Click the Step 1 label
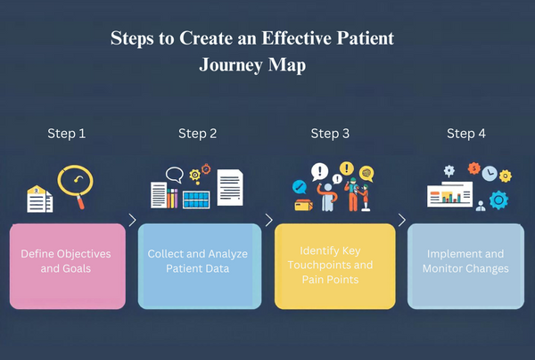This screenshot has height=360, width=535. pos(66,134)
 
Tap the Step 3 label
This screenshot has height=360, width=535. pos(330,134)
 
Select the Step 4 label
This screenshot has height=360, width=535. pos(466,134)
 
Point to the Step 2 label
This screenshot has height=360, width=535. pos(197,134)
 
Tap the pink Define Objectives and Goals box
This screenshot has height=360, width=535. pos(67,266)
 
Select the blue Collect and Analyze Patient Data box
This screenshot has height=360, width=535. pos(199,266)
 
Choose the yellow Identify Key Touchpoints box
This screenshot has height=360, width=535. pos(334,266)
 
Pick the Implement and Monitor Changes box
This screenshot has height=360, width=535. pos(466,266)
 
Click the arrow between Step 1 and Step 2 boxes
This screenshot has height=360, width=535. pos(132,219)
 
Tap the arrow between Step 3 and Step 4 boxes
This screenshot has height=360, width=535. pos(401,219)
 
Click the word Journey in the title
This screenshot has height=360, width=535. pos(233,66)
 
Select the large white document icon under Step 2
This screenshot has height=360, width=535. pos(230,187)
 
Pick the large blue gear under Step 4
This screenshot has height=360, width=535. pos(498,200)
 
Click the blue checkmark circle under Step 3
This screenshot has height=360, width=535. pos(300,186)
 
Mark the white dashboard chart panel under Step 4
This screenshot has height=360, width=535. pos(451,195)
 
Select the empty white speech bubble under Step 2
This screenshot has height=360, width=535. pos(174,175)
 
